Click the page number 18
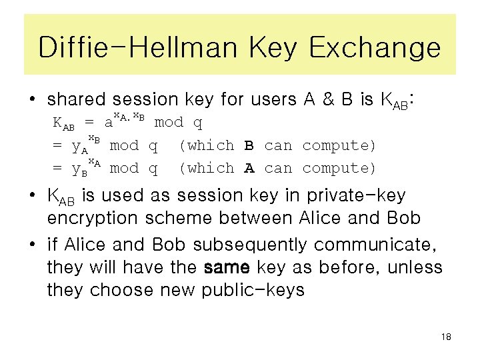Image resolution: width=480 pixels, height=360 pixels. click(446, 337)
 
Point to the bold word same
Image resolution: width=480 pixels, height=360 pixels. click(227, 267)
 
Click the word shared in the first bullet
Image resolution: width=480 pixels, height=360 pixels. click(77, 100)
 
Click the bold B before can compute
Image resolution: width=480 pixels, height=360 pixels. click(249, 145)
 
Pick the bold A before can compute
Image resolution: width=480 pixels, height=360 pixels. click(249, 168)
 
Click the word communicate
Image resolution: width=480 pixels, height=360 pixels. click(389, 245)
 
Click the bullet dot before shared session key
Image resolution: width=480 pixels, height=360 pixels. click(31, 101)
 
